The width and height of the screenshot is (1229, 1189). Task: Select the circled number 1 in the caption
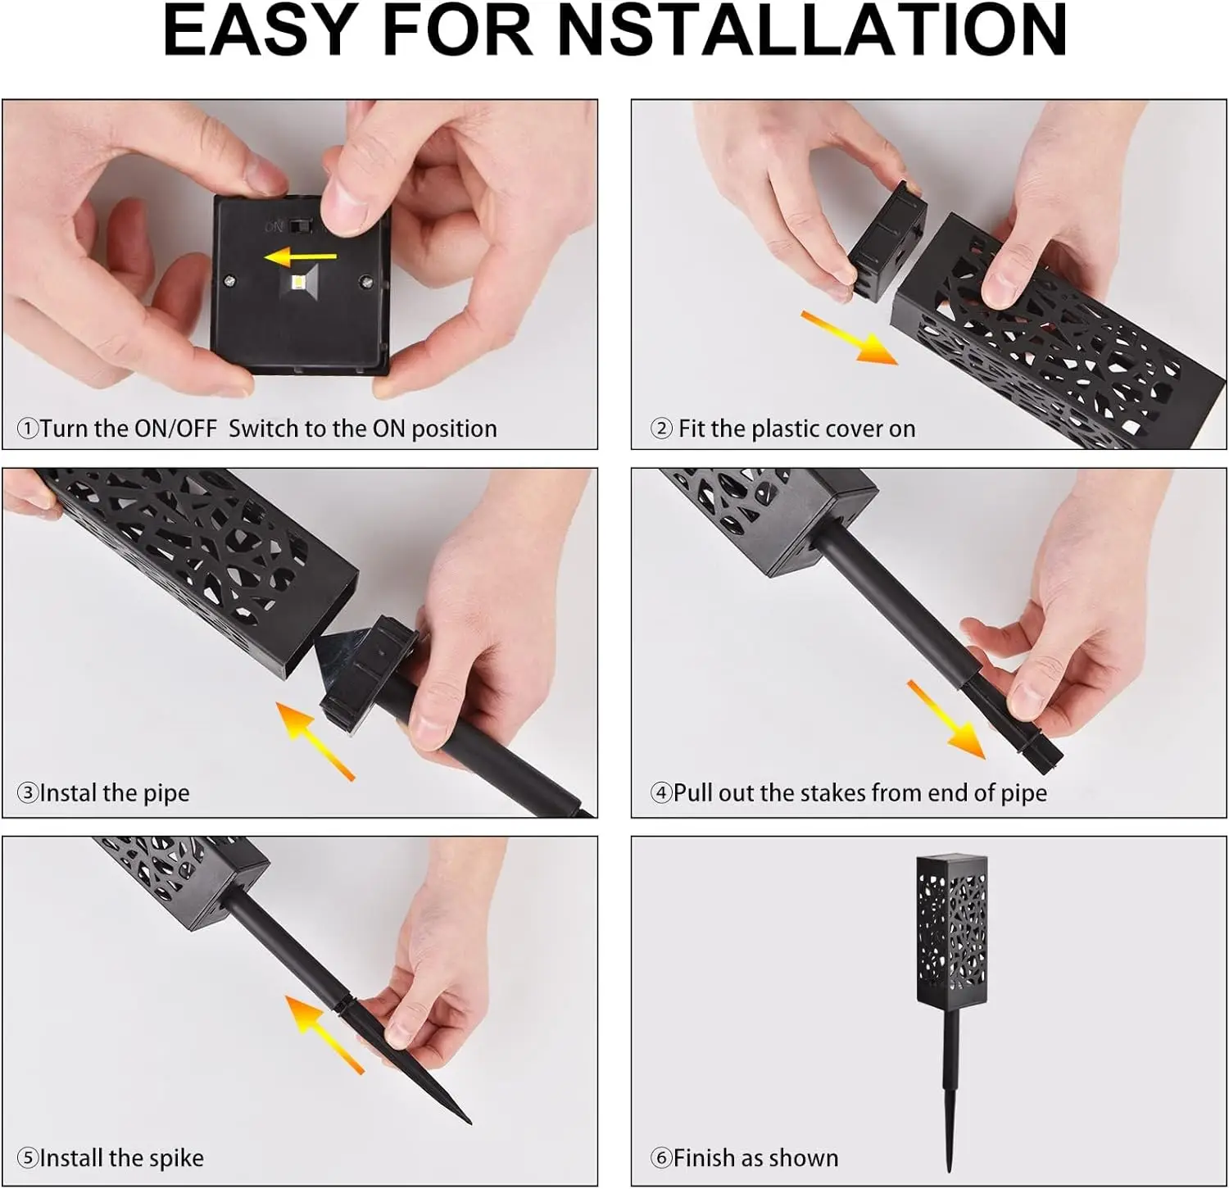pos(27,429)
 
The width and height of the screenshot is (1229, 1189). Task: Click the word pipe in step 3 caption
pos(166,794)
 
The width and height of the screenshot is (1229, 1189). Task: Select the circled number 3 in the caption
pos(27,793)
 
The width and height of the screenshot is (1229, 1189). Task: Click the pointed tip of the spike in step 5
pos(469,1122)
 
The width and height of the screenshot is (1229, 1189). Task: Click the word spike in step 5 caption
pos(176,1159)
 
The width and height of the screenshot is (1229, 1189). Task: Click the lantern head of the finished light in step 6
pos(950,931)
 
